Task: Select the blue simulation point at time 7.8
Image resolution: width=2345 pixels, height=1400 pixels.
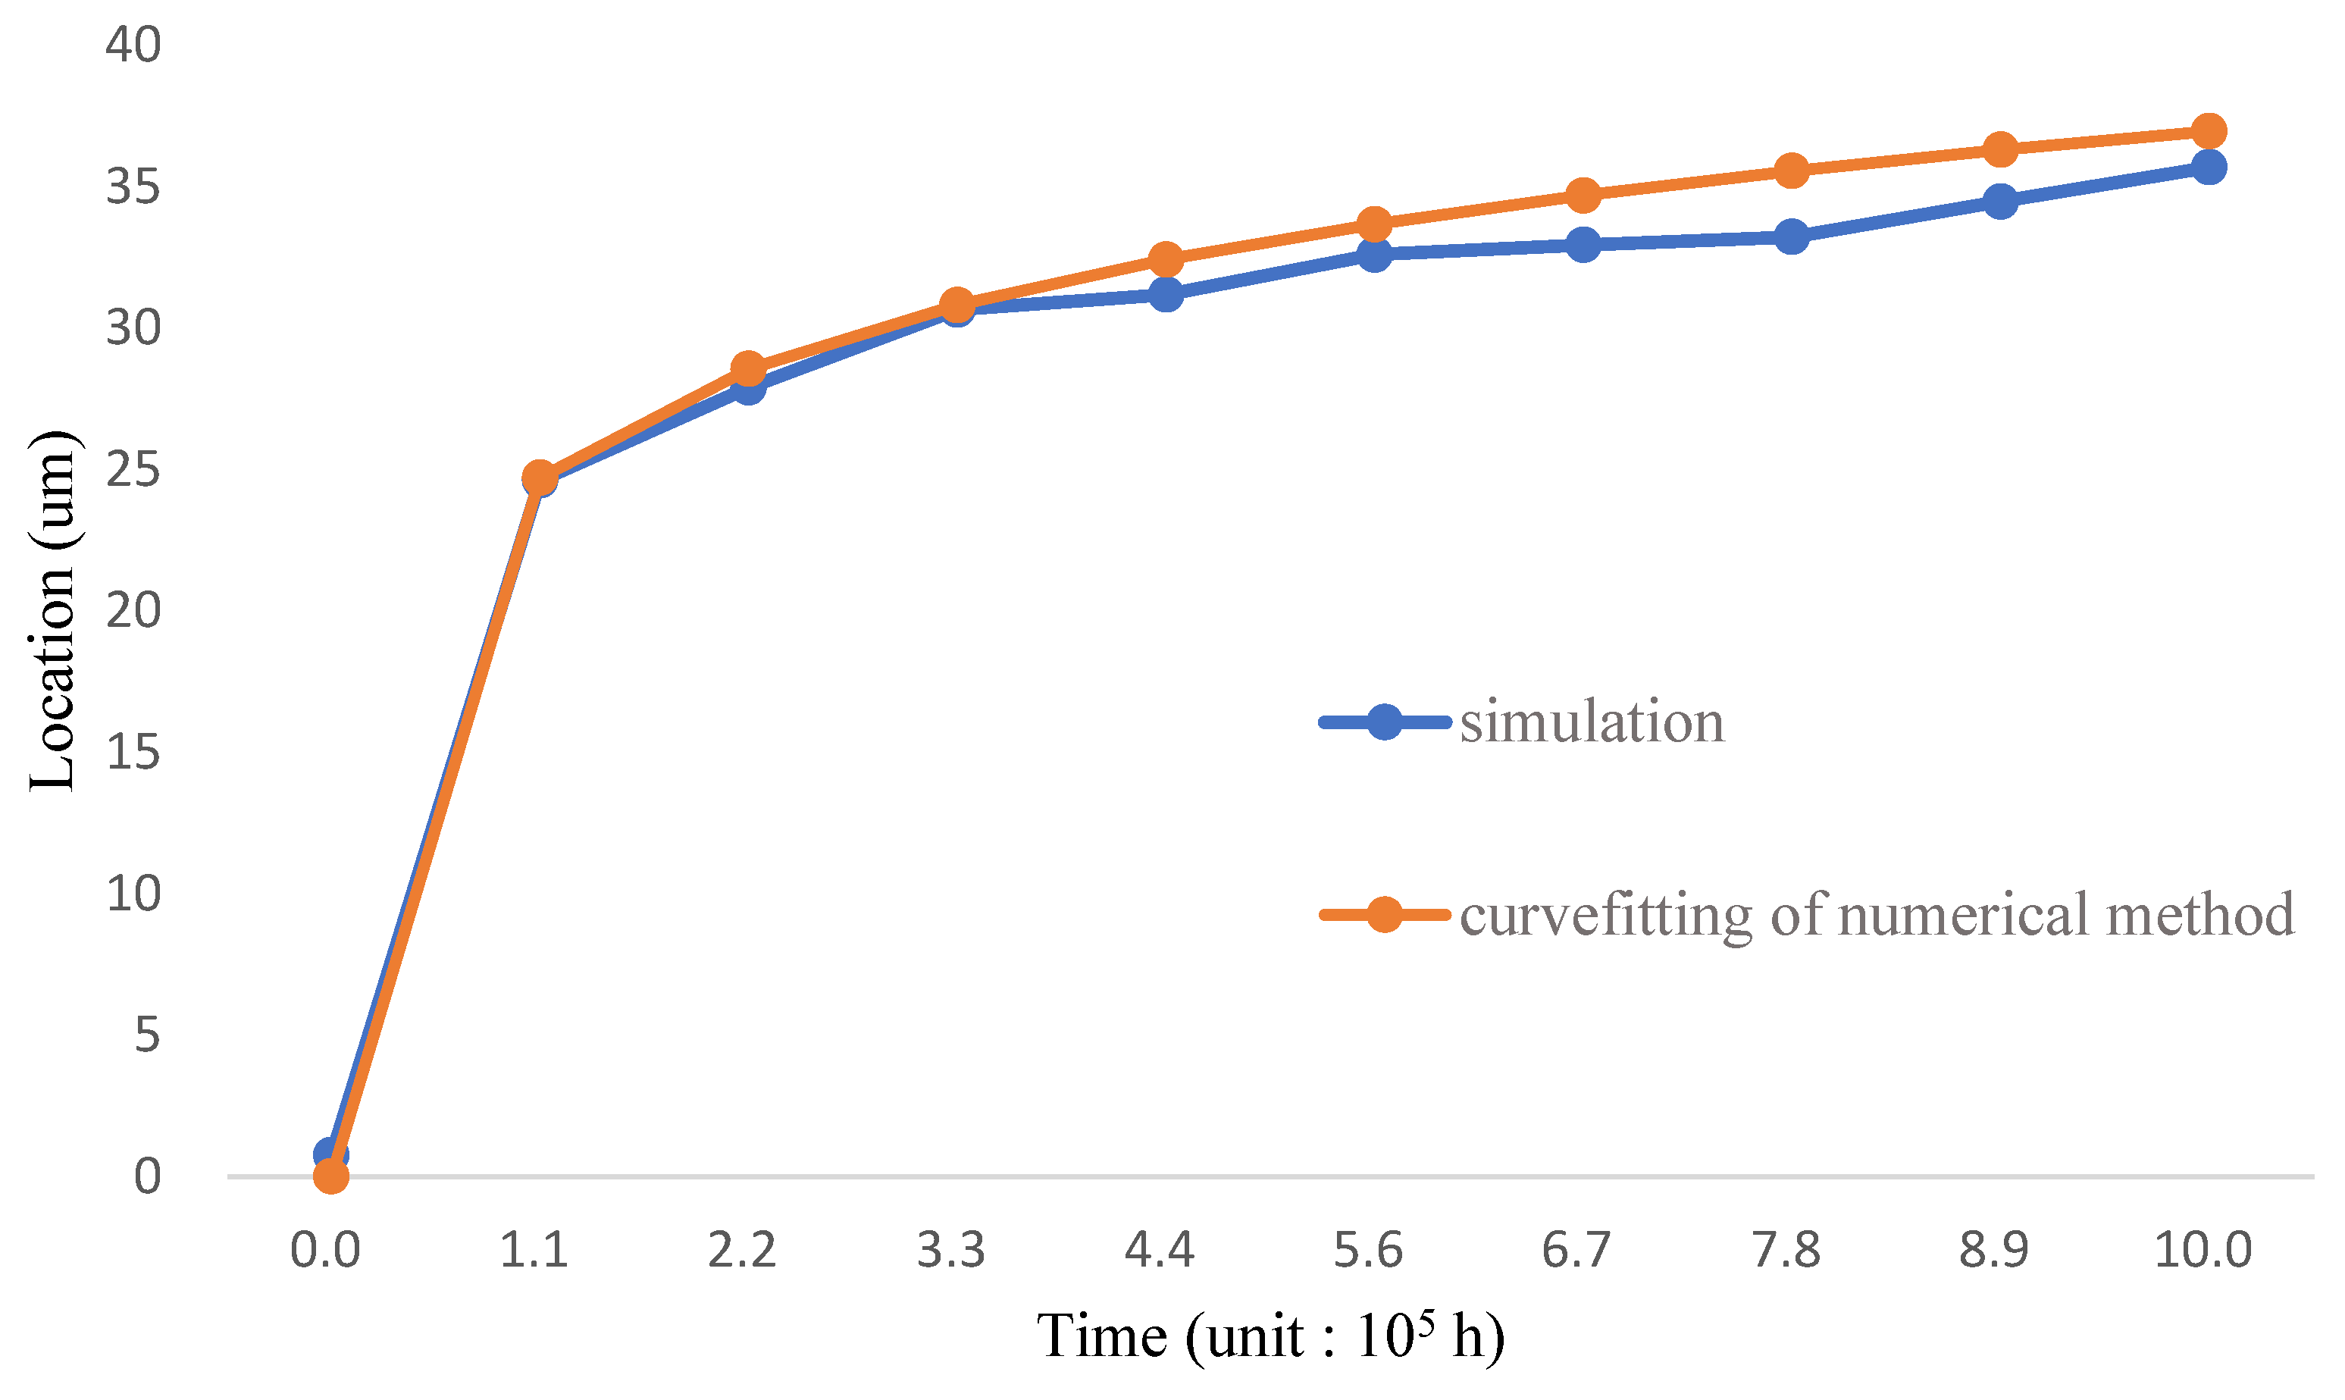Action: point(1791,236)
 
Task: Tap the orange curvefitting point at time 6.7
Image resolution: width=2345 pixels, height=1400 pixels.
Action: point(1583,196)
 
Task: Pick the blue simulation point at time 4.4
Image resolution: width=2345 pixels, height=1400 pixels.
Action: point(1166,294)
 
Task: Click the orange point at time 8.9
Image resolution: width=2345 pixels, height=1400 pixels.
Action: point(1999,149)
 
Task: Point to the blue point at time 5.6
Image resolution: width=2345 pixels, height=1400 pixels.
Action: point(1374,254)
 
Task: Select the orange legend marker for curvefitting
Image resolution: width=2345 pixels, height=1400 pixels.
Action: point(1384,914)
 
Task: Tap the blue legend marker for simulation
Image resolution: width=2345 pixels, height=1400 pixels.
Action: point(1384,722)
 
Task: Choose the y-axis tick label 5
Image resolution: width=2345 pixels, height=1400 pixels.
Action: point(147,1035)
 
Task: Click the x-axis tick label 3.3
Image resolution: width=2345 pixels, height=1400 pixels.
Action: point(951,1251)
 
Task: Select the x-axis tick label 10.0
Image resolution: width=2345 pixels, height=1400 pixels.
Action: point(2203,1251)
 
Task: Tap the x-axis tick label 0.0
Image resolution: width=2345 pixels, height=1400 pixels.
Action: point(325,1251)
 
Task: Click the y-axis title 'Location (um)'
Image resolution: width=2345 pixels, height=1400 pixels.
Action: point(51,612)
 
